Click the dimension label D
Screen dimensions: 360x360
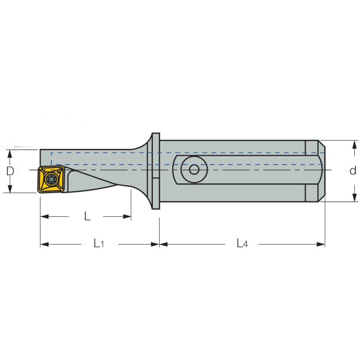coord(10,171)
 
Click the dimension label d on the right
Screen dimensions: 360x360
coord(353,171)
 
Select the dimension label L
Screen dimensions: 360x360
coord(87,216)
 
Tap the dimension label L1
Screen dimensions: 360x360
coord(98,243)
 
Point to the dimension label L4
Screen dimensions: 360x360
coord(241,243)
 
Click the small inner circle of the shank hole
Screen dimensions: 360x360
coord(194,169)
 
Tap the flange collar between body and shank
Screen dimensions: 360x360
coord(155,171)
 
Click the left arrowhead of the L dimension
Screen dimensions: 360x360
coord(44,217)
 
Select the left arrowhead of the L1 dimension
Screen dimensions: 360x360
coord(44,244)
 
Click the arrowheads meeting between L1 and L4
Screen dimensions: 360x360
coord(159,244)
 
